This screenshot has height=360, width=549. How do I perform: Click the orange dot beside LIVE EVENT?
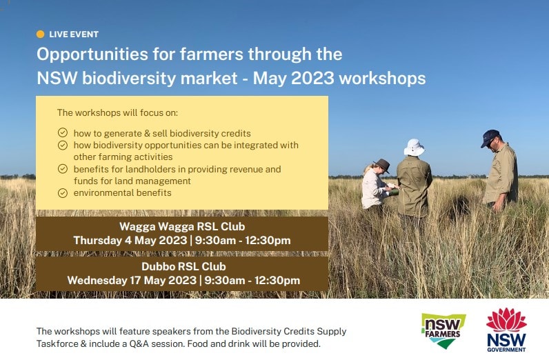[x=40, y=34]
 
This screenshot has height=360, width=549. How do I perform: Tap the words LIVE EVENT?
[x=74, y=34]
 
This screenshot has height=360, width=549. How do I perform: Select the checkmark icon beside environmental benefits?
[x=63, y=193]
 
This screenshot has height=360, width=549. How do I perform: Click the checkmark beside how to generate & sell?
[x=63, y=132]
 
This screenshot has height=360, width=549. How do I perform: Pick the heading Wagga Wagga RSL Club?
[x=182, y=227]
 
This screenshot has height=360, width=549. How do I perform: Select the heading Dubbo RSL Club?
[x=184, y=266]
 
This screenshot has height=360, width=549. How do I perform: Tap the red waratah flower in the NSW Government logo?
[x=506, y=319]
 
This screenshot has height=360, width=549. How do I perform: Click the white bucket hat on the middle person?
[x=415, y=147]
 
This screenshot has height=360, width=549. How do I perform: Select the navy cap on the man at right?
[x=490, y=138]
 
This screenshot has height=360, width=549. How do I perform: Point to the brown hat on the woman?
[x=381, y=165]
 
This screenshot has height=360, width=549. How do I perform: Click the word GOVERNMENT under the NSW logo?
[x=506, y=350]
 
